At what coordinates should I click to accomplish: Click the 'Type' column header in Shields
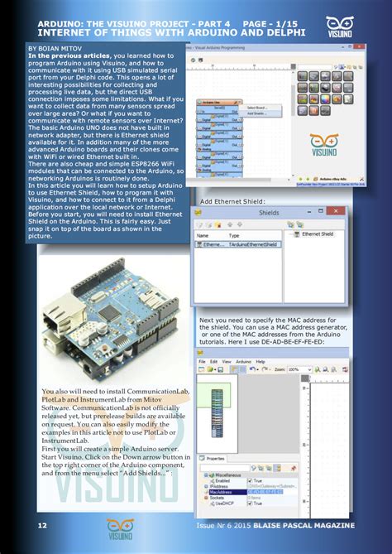tap(234, 236)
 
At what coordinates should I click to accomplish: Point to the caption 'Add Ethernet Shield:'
tap(232, 201)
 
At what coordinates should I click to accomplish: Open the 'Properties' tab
tap(214, 458)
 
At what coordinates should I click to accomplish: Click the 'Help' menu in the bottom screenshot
tap(261, 362)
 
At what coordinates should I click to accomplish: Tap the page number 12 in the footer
tap(41, 525)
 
